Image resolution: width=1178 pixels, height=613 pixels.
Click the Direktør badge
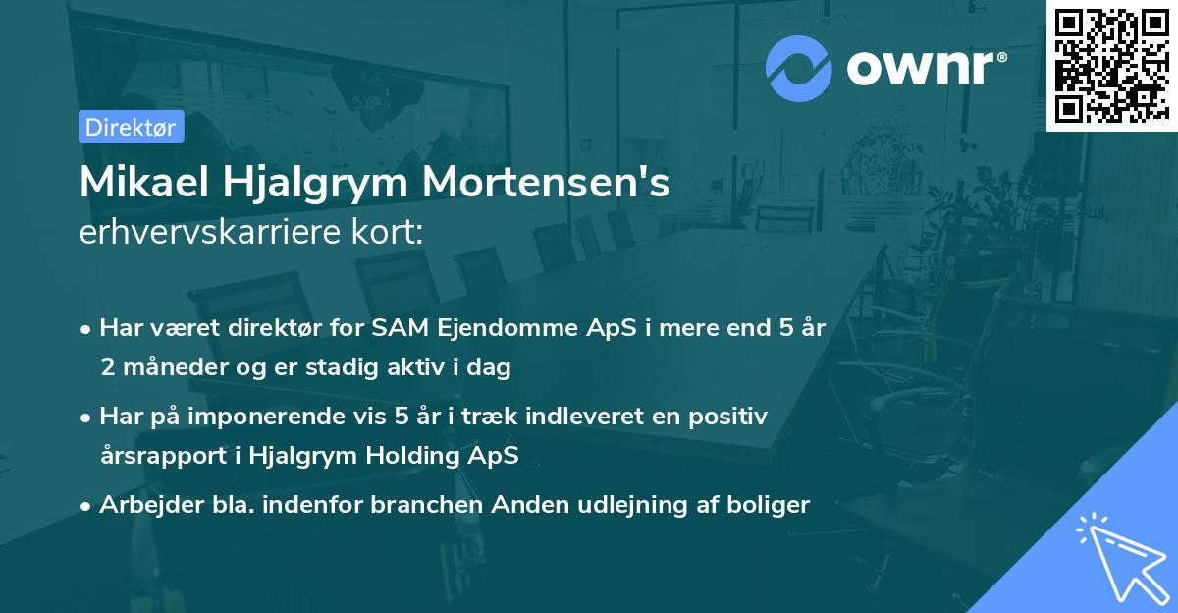coord(131,127)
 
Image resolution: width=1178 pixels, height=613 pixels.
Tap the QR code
coord(1111,65)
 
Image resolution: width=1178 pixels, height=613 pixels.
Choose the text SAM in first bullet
coord(383,329)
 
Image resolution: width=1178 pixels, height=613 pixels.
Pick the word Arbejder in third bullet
coord(143,505)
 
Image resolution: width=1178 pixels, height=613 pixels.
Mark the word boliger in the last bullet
coord(771,505)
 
